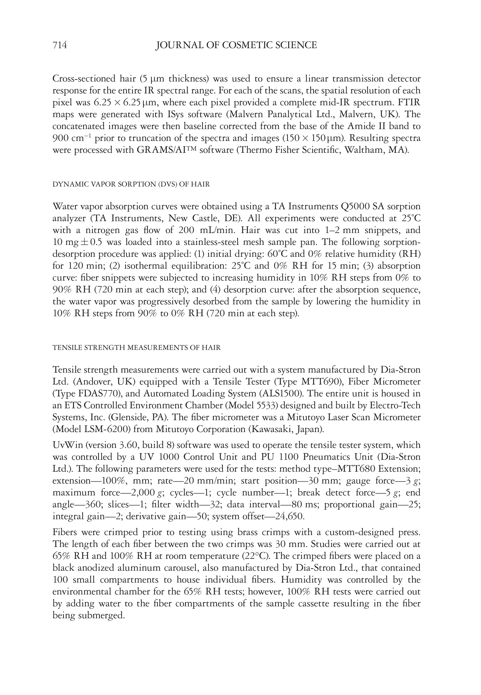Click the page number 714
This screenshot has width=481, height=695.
coord(60,45)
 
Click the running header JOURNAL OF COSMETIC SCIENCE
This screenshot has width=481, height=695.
coord(236,45)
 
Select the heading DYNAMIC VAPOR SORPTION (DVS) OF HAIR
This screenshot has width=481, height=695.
coord(131,184)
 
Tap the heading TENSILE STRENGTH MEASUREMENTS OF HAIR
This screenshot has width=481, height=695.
coord(137,347)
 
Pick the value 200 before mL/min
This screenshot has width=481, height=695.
coord(187,230)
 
